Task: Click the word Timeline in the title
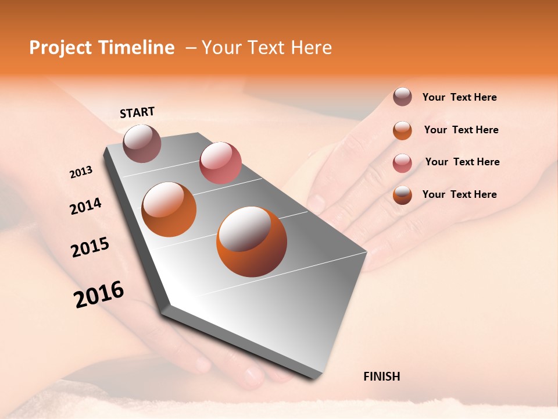pyautogui.click(x=138, y=48)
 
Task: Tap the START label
pyautogui.click(x=137, y=112)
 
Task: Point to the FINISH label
pyautogui.click(x=381, y=377)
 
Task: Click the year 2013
pyautogui.click(x=81, y=172)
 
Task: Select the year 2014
pyautogui.click(x=85, y=206)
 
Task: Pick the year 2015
pyautogui.click(x=90, y=247)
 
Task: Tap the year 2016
pyautogui.click(x=99, y=294)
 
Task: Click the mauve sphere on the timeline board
pyautogui.click(x=142, y=143)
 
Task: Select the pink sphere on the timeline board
pyautogui.click(x=220, y=162)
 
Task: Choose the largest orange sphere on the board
pyautogui.click(x=252, y=242)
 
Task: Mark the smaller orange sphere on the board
pyautogui.click(x=169, y=210)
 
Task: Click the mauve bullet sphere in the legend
pyautogui.click(x=402, y=97)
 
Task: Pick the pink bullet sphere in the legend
pyautogui.click(x=402, y=162)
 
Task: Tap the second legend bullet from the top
pyautogui.click(x=402, y=130)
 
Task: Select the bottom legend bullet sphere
pyautogui.click(x=402, y=195)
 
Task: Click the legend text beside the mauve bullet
pyautogui.click(x=459, y=97)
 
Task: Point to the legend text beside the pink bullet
pyautogui.click(x=462, y=162)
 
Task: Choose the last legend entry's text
pyautogui.click(x=459, y=194)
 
